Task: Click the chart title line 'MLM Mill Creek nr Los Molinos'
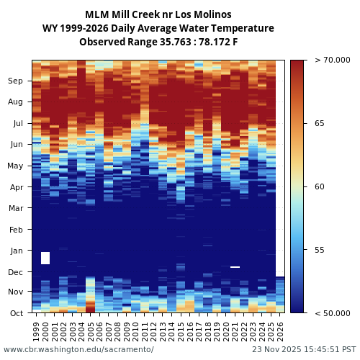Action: click(x=158, y=14)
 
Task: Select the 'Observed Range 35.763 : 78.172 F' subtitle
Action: click(x=158, y=42)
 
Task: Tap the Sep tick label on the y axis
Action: click(x=16, y=81)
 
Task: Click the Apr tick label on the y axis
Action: click(x=16, y=187)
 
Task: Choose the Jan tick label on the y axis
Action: click(x=17, y=251)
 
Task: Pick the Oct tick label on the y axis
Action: click(x=16, y=313)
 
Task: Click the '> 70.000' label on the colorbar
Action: click(x=328, y=60)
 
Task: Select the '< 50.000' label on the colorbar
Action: click(x=328, y=313)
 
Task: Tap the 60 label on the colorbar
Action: click(x=319, y=187)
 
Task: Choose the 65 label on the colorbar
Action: click(x=319, y=124)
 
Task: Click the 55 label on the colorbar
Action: click(x=319, y=250)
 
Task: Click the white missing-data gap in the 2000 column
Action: click(x=45, y=258)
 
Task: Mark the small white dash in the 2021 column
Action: click(x=235, y=267)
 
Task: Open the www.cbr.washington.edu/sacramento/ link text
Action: click(x=78, y=350)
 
